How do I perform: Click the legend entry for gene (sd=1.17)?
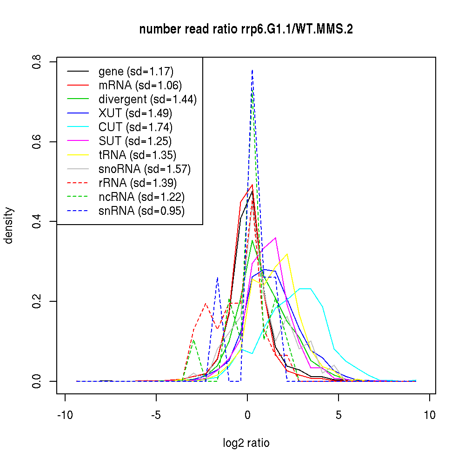(x=136, y=72)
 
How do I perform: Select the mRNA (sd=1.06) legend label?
(x=140, y=86)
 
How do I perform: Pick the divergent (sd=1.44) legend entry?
(x=147, y=100)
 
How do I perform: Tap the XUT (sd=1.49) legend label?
(x=135, y=113)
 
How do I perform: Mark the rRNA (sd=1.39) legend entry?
(x=138, y=183)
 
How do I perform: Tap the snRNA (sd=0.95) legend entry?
(x=141, y=211)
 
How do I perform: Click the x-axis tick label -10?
(x=65, y=415)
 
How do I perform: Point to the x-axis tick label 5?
(x=339, y=415)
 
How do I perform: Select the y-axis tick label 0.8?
(x=38, y=62)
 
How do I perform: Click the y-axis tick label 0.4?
(x=38, y=221)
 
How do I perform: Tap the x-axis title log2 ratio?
(x=246, y=443)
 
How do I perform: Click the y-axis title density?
(x=9, y=226)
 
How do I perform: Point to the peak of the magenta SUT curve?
(x=276, y=238)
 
